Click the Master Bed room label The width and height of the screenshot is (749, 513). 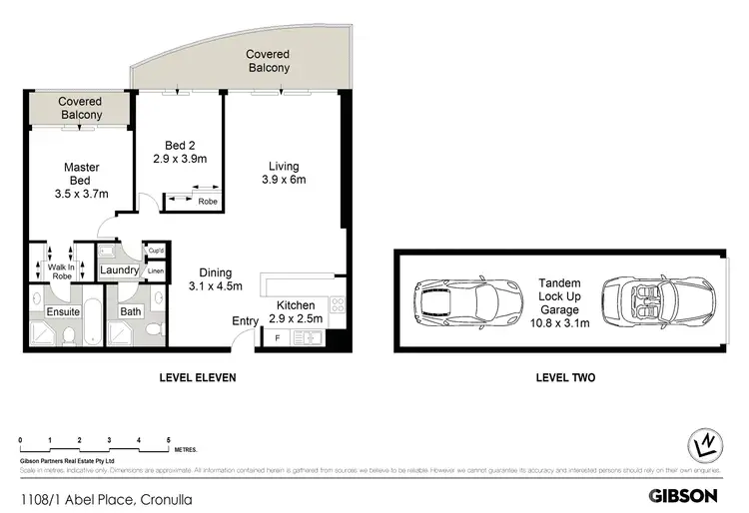[x=80, y=180]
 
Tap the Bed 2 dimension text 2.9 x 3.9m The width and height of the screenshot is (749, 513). [x=180, y=159]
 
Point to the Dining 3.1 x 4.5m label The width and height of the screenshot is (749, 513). [x=216, y=279]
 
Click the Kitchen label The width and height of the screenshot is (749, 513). [x=296, y=305]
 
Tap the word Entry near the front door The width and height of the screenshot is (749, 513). [x=245, y=320]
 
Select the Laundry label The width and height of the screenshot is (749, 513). [x=119, y=270]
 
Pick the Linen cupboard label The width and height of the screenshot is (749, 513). [x=156, y=270]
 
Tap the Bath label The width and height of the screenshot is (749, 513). [x=130, y=311]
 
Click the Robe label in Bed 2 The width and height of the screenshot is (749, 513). [x=208, y=201]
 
